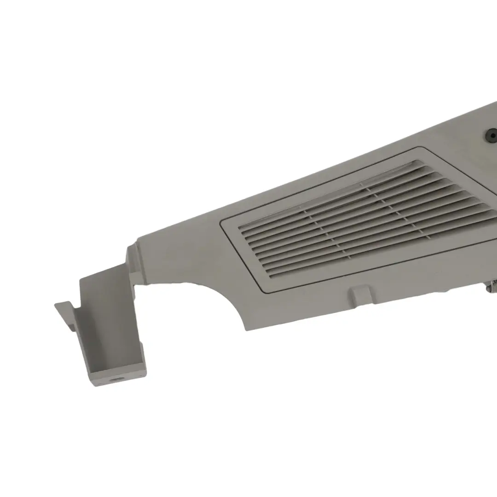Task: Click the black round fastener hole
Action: pos(491,135)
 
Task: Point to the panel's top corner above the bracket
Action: pos(137,239)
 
